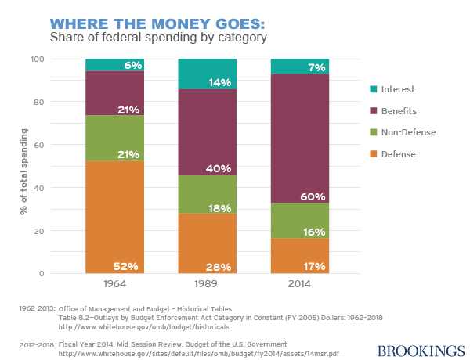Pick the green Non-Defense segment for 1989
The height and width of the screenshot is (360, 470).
208,194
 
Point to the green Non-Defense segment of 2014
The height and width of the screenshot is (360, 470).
299,221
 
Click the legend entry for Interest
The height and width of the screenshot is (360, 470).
398,90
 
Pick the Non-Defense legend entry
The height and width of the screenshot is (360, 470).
407,133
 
